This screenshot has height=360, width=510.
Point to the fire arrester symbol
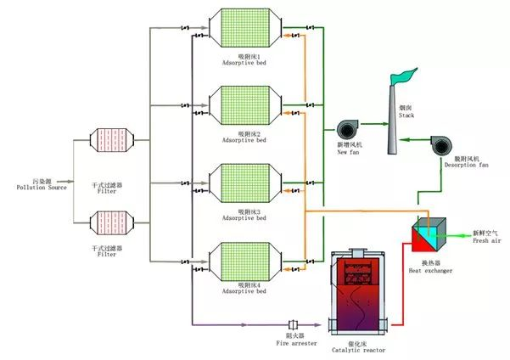click(x=294, y=324)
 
